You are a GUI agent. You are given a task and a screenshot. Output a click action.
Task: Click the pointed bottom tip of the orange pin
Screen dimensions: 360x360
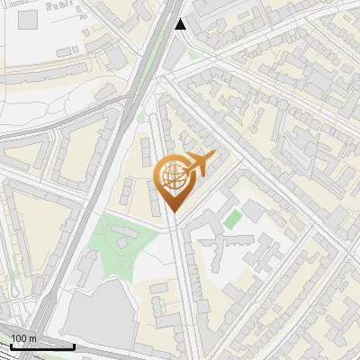click(173, 211)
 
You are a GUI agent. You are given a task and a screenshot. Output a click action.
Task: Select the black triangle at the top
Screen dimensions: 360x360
click(180, 24)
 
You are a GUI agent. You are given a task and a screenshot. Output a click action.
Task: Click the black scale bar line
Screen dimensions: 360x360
click(41, 346)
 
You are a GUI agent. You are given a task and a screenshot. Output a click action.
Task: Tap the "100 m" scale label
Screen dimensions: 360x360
click(24, 338)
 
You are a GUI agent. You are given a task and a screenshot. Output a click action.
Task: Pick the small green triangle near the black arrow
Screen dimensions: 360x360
click(191, 56)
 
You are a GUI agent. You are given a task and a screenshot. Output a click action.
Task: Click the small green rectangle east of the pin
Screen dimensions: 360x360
click(233, 219)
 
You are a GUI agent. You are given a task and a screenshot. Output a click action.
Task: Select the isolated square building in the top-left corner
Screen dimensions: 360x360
click(28, 19)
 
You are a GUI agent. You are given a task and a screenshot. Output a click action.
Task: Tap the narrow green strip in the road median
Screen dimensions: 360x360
click(141, 115)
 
